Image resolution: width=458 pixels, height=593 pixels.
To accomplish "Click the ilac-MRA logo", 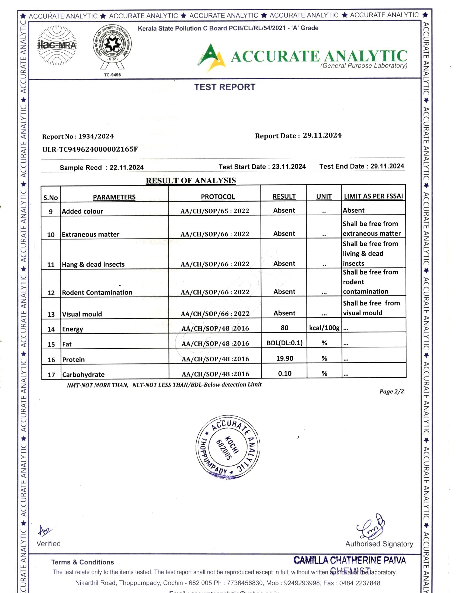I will coord(57,45).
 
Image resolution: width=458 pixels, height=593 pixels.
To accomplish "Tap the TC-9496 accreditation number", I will coord(112,75).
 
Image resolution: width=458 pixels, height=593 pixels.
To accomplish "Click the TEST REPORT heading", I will coord(225,87).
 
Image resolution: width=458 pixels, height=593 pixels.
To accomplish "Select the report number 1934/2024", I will coord(96,136).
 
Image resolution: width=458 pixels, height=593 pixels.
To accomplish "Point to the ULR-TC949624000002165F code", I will coord(90,149).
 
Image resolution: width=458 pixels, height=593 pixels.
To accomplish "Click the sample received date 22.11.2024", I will coord(126,167).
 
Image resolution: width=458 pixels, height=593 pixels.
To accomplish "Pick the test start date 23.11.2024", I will coord(289,166).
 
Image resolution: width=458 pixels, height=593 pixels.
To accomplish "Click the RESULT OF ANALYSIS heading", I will coord(191,181).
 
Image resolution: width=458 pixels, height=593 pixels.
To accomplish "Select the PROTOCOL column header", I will coord(218,196).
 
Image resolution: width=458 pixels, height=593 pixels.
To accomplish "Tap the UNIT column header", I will coord(324,196).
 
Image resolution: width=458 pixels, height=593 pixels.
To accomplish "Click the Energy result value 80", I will coord(284,328).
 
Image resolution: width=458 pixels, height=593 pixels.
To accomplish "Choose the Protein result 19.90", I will coord(284,358).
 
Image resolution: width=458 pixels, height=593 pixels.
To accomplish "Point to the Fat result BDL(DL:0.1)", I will coord(284,343).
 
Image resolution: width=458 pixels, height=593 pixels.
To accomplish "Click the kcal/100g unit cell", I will coord(324,328).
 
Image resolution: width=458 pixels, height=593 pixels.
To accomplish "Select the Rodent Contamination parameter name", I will coord(97,292).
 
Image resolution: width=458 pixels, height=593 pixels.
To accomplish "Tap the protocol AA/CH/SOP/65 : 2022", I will coord(215,211).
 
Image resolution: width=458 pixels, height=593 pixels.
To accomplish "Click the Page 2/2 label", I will coord(391,391).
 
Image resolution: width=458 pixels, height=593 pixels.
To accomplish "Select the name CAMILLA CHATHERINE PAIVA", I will coord(350,560).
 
